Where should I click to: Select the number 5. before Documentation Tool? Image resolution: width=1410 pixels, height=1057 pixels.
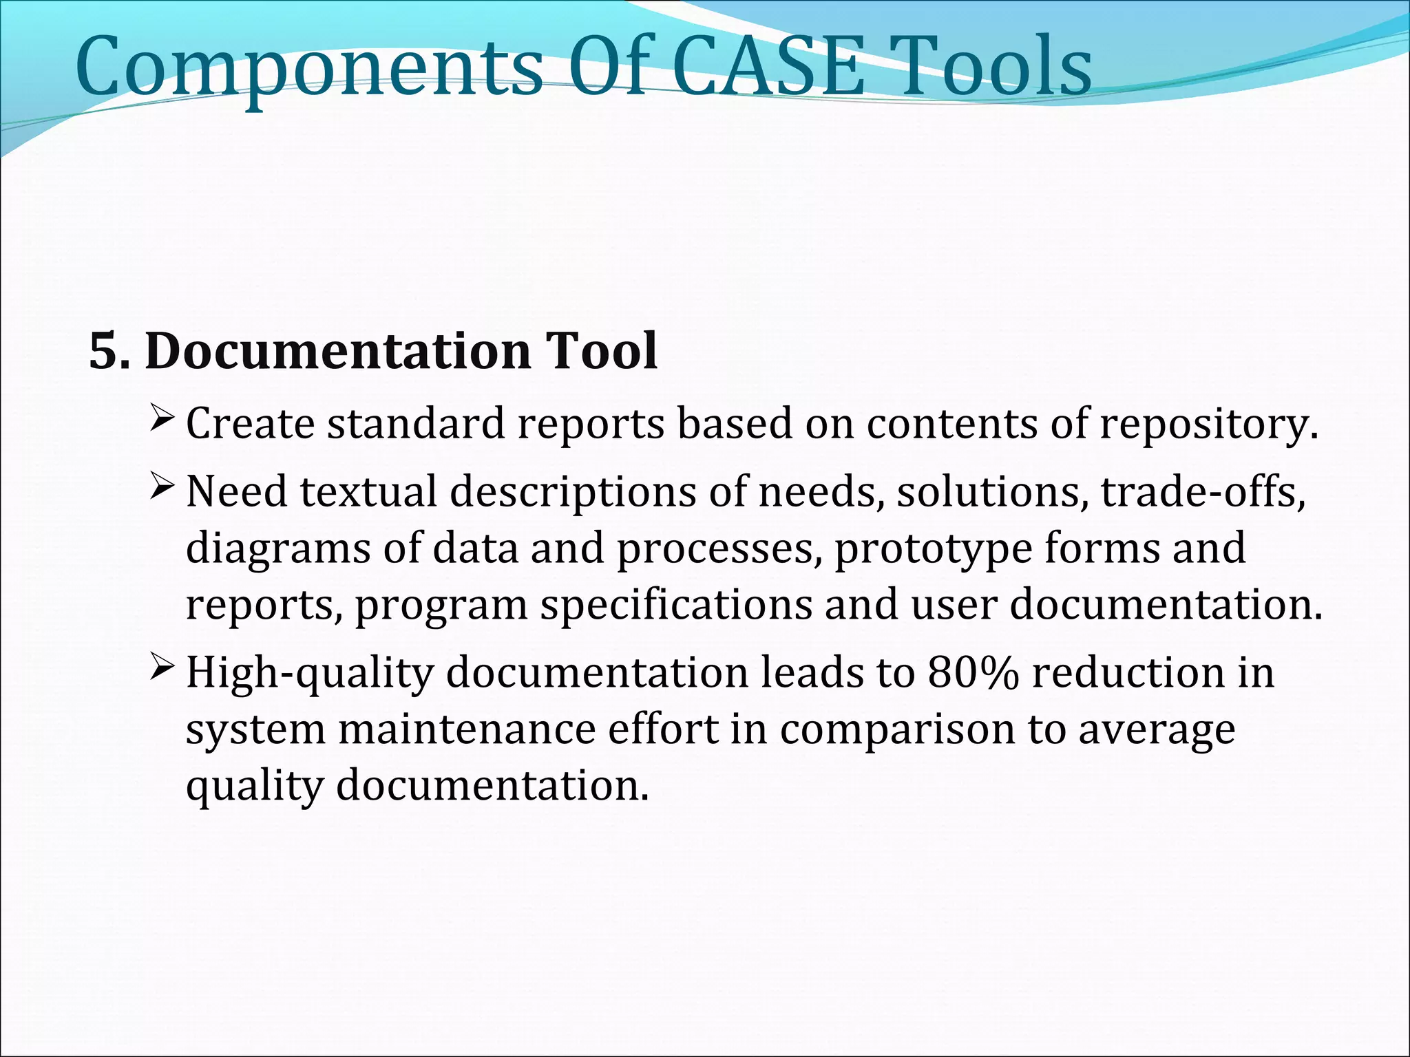point(109,351)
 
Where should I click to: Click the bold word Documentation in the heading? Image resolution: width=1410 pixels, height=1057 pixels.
point(337,351)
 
